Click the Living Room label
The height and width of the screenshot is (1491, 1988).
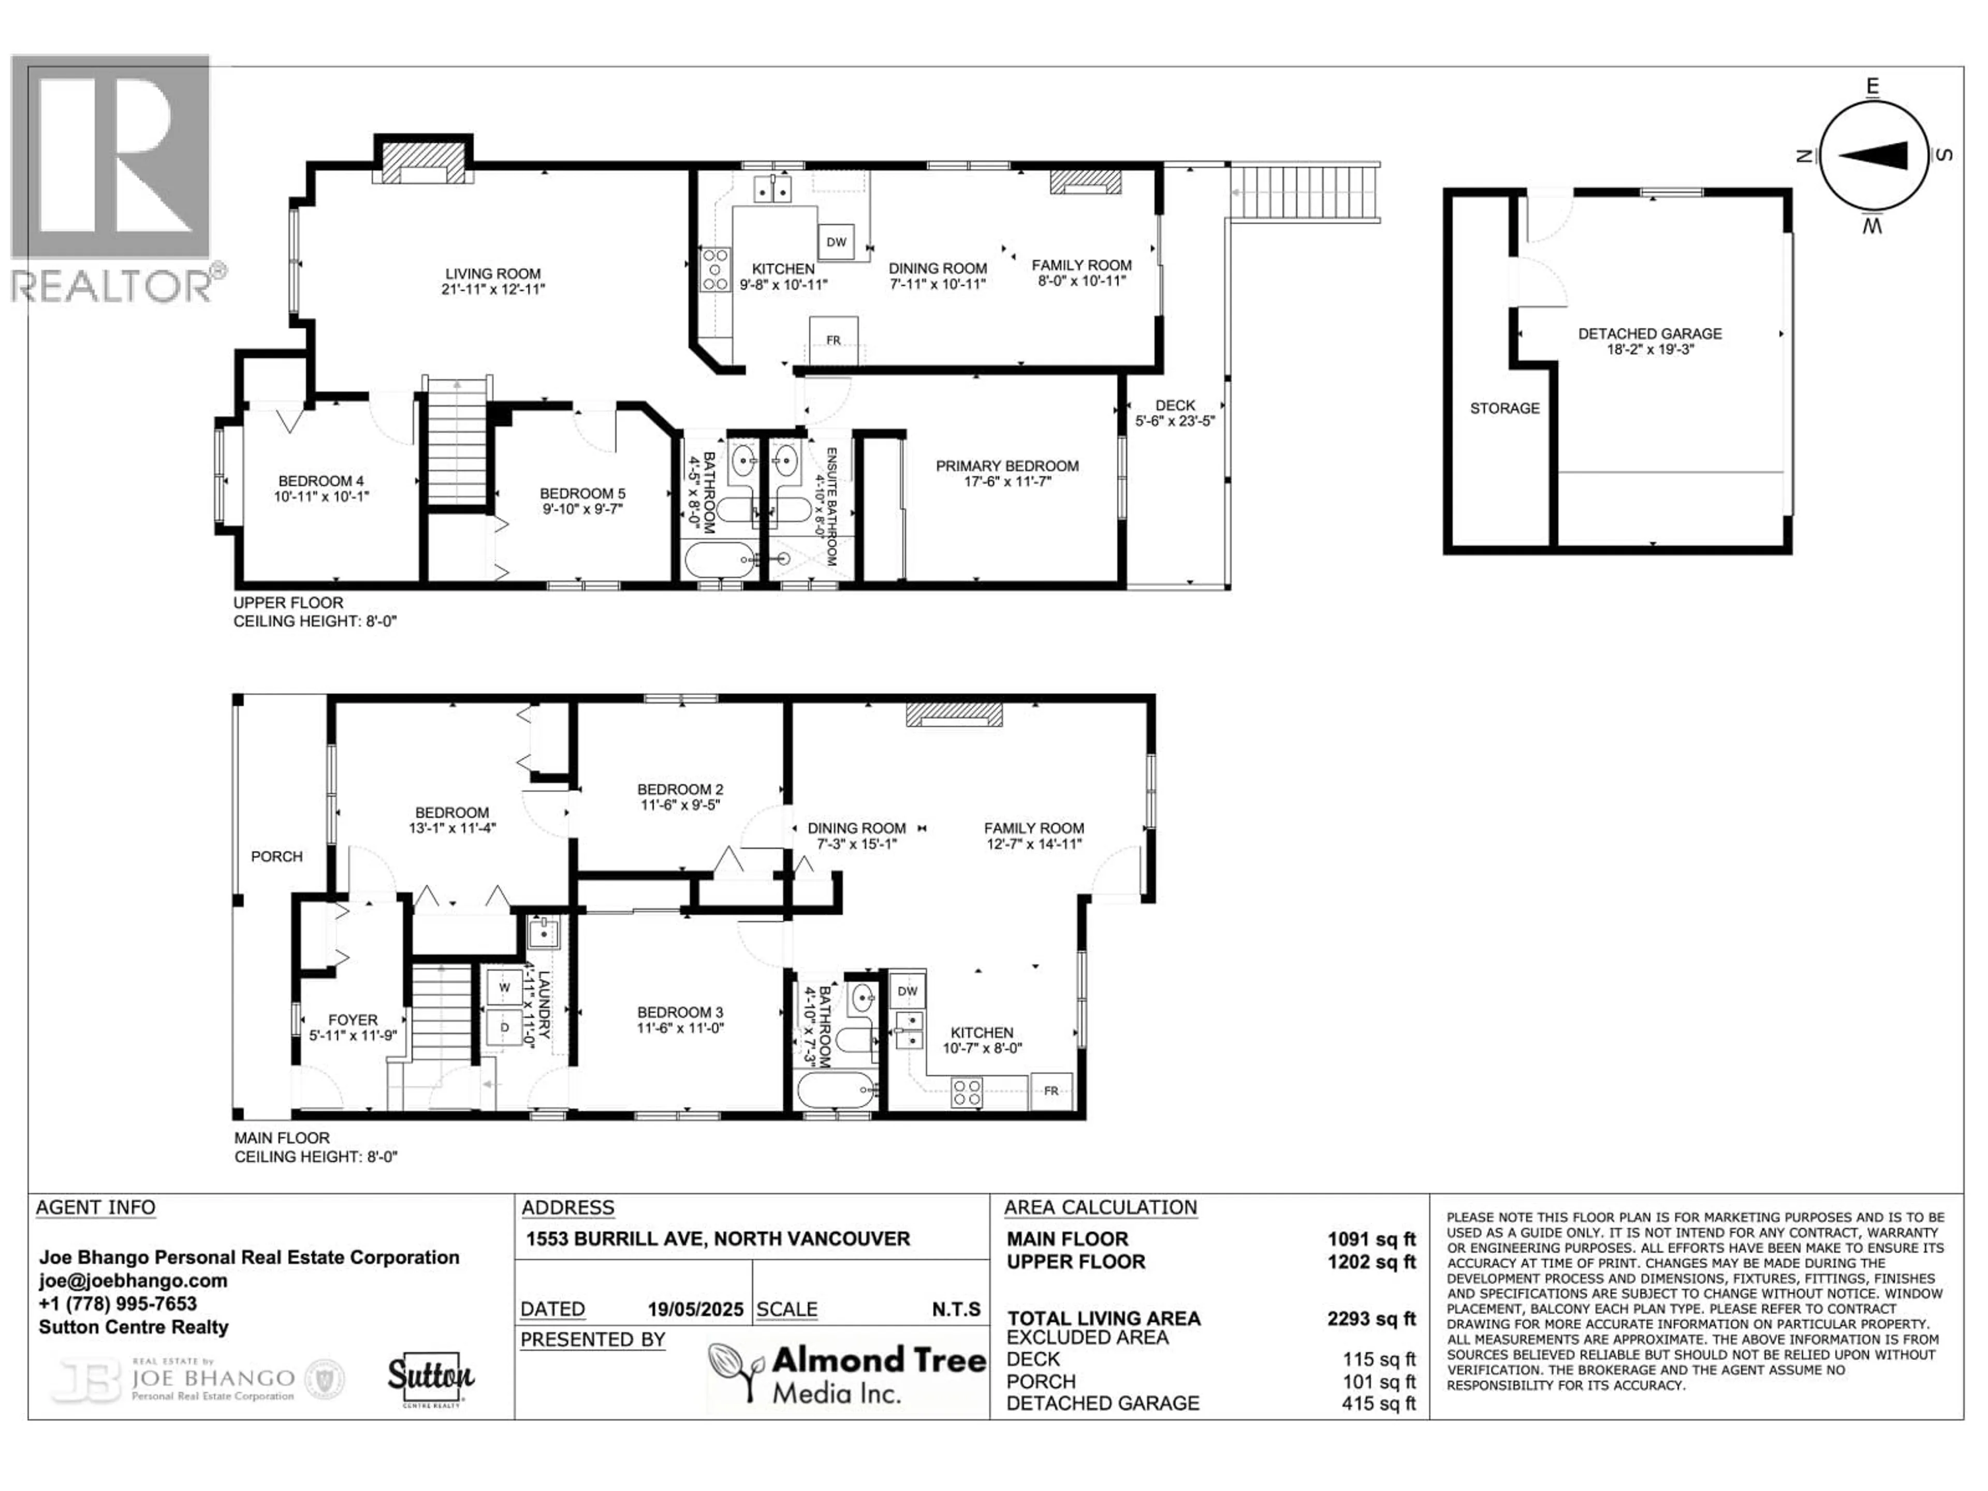(492, 274)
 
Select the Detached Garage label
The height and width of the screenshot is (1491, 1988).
(1649, 333)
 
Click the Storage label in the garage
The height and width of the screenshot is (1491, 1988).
(1504, 408)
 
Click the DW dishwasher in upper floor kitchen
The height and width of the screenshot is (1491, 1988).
(836, 242)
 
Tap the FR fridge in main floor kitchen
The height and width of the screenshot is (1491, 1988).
(1050, 1091)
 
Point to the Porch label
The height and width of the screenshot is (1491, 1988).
(277, 856)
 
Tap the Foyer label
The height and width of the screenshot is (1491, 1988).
(353, 1020)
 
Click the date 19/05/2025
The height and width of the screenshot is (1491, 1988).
(696, 1309)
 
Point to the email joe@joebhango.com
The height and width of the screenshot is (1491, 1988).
(133, 1281)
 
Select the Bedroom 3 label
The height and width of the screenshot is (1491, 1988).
(680, 1013)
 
